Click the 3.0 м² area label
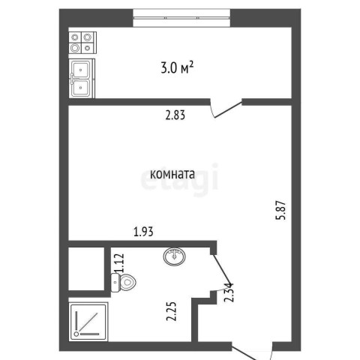[177, 67]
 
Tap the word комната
[172, 174]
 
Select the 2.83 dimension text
[175, 115]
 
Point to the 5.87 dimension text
[280, 210]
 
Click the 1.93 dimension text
[143, 232]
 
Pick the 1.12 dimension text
[119, 263]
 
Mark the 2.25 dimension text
[172, 311]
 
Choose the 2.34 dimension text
[229, 292]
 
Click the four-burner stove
[82, 43]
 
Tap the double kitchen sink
[82, 79]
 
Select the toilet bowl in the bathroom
[124, 283]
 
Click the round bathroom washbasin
[175, 256]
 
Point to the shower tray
[88, 322]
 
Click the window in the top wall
[181, 18]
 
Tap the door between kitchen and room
[226, 109]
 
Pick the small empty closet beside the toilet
[86, 268]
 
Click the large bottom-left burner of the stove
[75, 48]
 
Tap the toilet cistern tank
[115, 283]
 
